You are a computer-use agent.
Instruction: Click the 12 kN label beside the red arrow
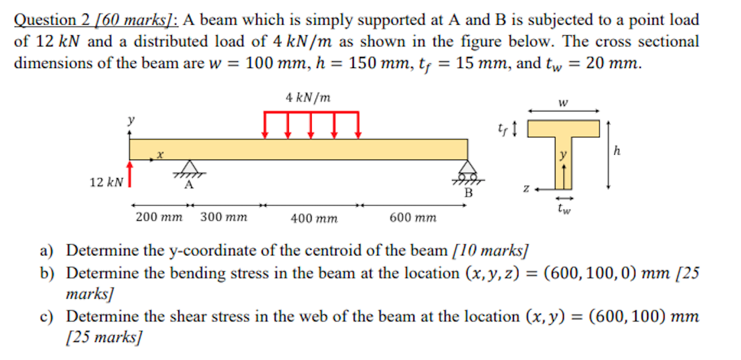coord(106,182)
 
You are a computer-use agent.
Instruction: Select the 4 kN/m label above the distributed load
coord(307,97)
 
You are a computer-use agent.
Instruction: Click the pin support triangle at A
coord(190,168)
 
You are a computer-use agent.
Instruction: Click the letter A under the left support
coord(189,184)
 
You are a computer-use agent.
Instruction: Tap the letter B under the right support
coord(468,192)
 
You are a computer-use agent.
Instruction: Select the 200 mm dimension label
coord(159,217)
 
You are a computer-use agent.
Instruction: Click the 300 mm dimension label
coord(224,217)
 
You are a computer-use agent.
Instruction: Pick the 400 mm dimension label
coord(314,218)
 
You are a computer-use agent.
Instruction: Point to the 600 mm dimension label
coord(413,218)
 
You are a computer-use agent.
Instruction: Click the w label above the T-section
coord(563,103)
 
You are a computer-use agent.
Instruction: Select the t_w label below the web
coord(564,209)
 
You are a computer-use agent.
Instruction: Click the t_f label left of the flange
coord(502,129)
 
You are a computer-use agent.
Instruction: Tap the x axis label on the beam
coord(158,155)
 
